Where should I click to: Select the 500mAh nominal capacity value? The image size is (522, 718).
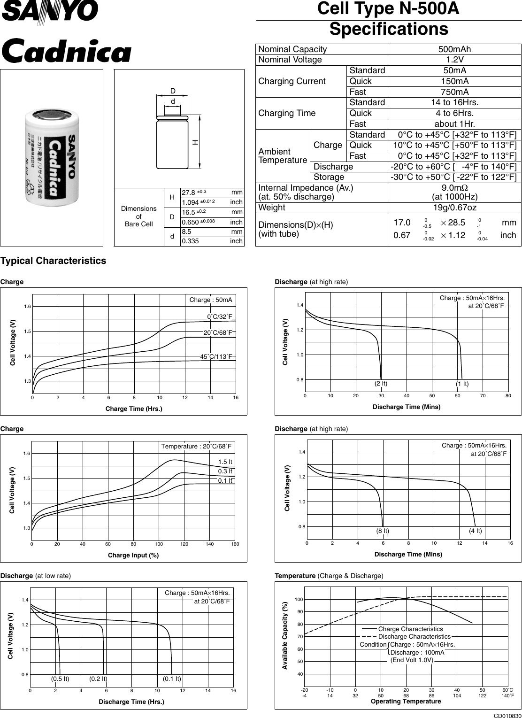click(454, 49)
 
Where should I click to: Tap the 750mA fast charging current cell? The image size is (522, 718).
click(454, 92)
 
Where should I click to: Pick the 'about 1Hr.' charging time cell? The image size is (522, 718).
click(454, 124)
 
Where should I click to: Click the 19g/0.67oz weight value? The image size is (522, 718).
click(454, 208)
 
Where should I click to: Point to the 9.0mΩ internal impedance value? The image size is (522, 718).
click(454, 188)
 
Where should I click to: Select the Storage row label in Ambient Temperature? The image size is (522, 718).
click(329, 177)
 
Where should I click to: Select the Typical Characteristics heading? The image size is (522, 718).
click(54, 261)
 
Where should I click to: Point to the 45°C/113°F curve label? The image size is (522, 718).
click(216, 357)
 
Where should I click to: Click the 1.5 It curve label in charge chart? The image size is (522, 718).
click(225, 462)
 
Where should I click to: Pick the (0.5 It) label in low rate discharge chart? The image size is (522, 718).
click(60, 679)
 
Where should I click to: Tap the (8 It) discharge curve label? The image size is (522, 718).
click(383, 531)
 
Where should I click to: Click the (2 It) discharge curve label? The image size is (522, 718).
click(381, 383)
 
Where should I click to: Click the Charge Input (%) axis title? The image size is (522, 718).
click(133, 556)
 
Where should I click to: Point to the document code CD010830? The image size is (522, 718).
click(507, 714)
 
